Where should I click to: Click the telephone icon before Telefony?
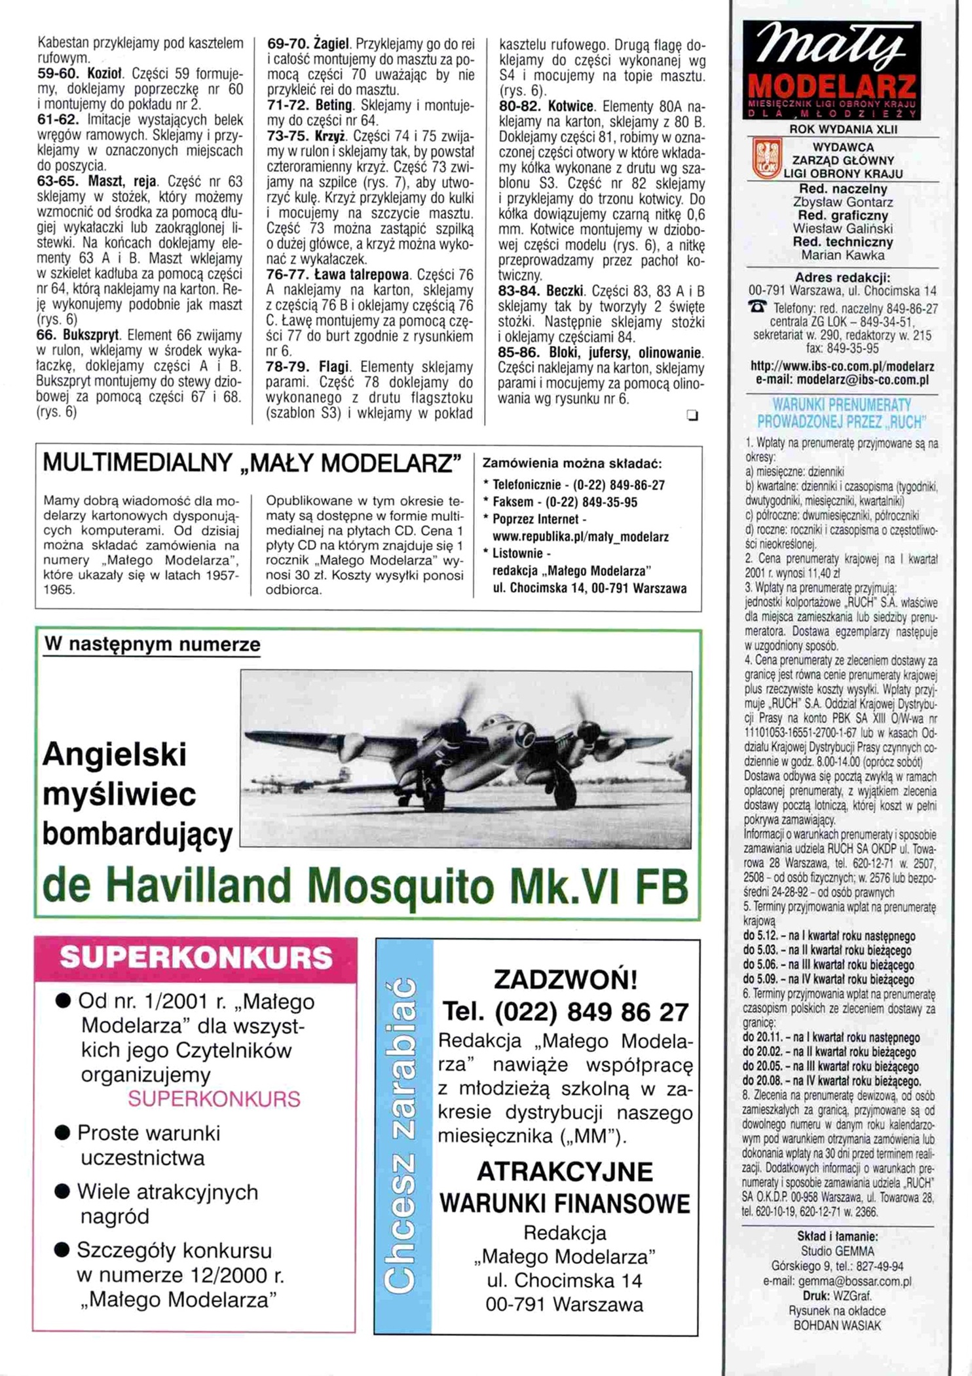759,307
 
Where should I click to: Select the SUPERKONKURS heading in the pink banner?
196,958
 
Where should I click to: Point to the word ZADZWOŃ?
565,980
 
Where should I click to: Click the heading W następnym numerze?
152,645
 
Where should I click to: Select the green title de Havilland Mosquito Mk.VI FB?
365,887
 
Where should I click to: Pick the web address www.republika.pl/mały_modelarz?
580,537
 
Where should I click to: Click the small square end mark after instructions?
692,415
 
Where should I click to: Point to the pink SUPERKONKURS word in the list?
214,1099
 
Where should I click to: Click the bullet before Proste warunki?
63,1134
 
